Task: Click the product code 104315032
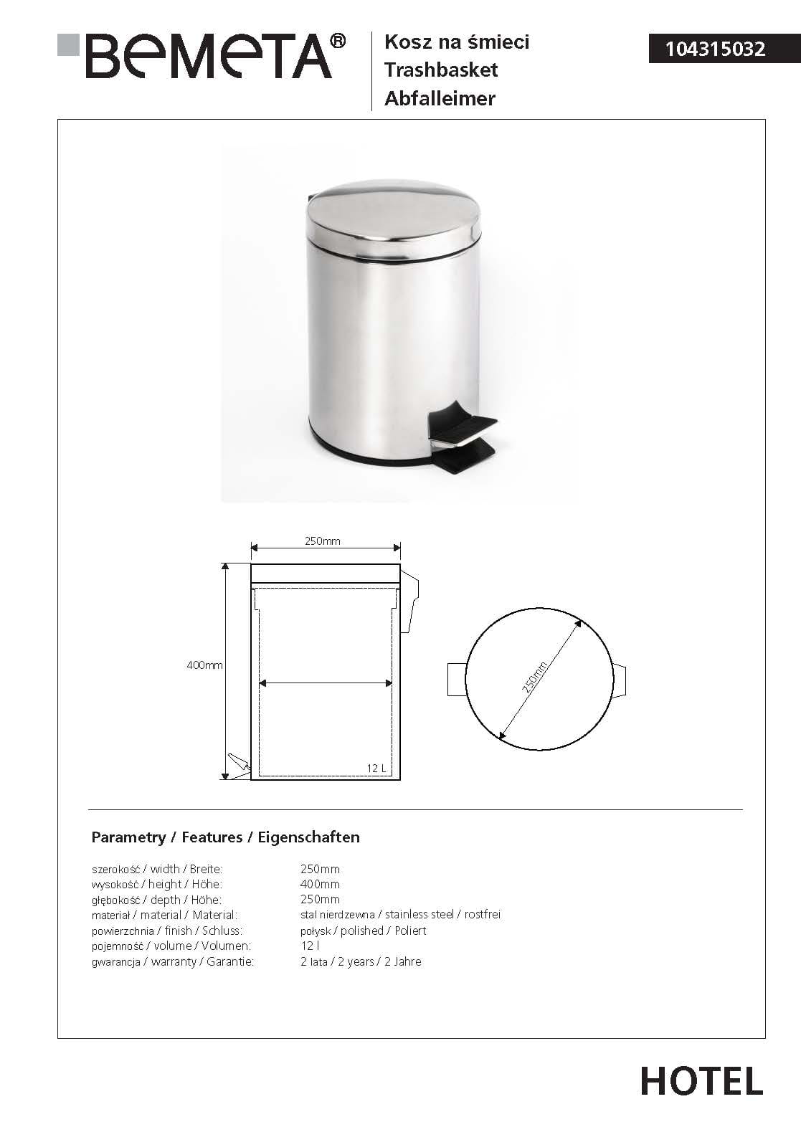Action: click(715, 49)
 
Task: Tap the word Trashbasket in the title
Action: click(440, 70)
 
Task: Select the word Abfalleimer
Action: click(440, 98)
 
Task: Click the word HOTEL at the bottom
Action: click(701, 1081)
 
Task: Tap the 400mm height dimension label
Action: click(204, 665)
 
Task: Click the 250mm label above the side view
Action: click(322, 541)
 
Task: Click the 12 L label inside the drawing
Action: click(376, 768)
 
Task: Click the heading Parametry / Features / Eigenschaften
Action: click(225, 837)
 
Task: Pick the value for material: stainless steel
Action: click(400, 915)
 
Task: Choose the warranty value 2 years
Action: click(361, 961)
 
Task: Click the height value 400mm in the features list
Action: click(320, 884)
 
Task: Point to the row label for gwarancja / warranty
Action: click(172, 961)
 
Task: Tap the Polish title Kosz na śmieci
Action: click(457, 42)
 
